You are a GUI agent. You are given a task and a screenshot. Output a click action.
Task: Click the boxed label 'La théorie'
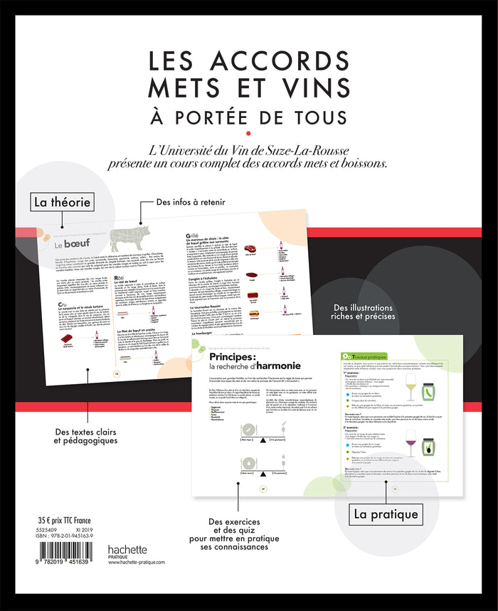coord(62,202)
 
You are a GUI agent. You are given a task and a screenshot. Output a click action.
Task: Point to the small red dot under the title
coord(248,132)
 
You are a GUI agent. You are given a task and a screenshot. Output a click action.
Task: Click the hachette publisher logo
coord(127,549)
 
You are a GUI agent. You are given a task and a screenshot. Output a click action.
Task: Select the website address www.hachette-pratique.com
coord(137,562)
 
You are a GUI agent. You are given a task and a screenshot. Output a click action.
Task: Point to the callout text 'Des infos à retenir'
coord(192,202)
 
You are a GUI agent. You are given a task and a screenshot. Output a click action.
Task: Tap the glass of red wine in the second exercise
coord(410,442)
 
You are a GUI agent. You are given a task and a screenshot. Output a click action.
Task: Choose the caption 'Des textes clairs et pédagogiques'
coord(85,435)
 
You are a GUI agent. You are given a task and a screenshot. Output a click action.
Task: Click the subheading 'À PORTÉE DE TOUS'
coord(248,115)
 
